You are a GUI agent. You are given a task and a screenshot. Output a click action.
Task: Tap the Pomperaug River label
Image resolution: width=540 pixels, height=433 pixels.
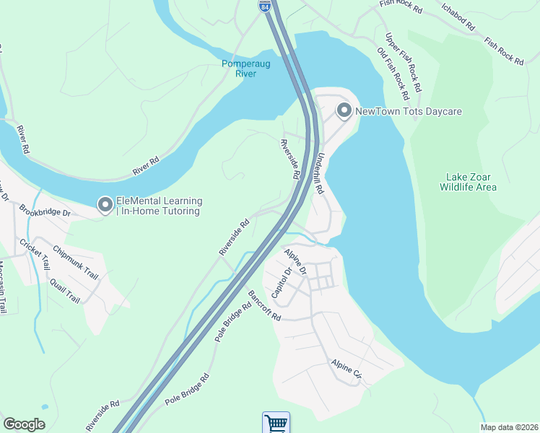coord(246,68)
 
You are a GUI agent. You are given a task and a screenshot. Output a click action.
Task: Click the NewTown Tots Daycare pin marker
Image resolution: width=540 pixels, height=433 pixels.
coord(344,110)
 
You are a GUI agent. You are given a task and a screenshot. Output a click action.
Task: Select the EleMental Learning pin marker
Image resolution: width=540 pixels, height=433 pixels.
coord(105,206)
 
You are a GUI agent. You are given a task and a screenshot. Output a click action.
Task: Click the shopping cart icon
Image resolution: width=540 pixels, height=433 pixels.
coord(275,423)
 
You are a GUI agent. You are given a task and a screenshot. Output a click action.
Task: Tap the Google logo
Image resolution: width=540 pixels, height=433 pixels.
coord(24,424)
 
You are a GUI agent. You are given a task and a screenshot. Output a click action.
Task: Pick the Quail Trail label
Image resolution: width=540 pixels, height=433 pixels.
coord(64,288)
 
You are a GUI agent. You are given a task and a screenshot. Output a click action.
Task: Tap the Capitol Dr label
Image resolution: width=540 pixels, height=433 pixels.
coord(281,283)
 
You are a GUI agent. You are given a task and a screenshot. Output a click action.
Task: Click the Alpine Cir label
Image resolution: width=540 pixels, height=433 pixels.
coord(347,369)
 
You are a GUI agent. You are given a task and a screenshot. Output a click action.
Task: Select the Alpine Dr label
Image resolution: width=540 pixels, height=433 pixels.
coord(295,261)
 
